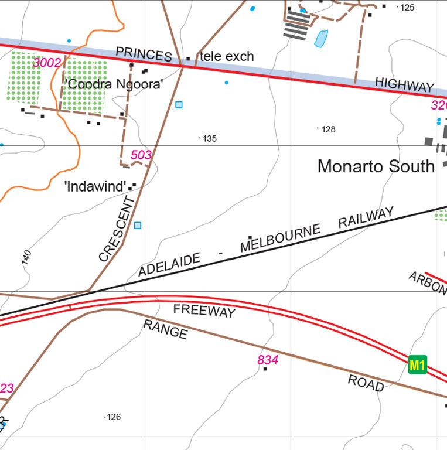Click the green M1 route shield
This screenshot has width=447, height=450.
[x=417, y=365]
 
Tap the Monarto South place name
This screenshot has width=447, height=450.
[x=376, y=166]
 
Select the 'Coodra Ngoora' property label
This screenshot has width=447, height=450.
[x=114, y=84]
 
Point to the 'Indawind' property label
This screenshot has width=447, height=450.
[x=95, y=187]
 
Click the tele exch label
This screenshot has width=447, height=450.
[x=227, y=57]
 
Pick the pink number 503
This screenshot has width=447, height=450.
[x=141, y=155]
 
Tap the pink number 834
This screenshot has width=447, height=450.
[x=268, y=360]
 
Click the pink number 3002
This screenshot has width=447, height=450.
[x=47, y=63]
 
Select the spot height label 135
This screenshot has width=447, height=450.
[x=210, y=139]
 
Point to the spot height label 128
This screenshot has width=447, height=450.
[x=329, y=129]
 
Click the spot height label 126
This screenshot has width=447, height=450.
[x=114, y=417]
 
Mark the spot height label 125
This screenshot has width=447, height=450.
[x=407, y=8]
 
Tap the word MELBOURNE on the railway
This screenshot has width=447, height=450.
[x=281, y=238]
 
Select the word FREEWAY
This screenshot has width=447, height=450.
[x=204, y=311]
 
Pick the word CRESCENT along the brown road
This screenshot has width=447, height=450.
[x=117, y=229]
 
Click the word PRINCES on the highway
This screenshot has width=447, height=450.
[x=144, y=54]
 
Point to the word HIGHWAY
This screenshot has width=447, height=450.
[x=404, y=85]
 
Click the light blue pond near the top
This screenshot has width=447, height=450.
[x=321, y=39]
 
